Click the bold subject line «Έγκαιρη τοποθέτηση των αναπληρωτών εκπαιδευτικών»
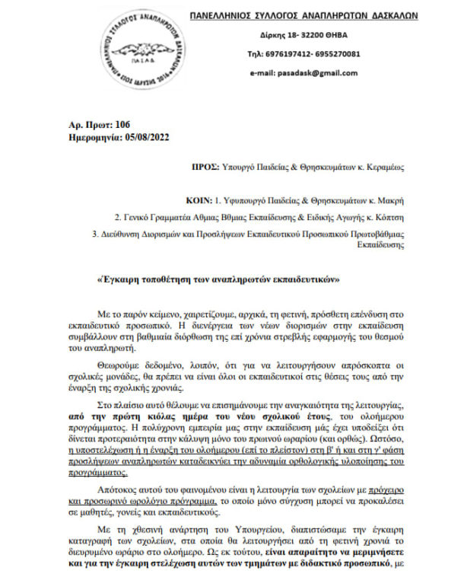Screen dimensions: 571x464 pos(218,279)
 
